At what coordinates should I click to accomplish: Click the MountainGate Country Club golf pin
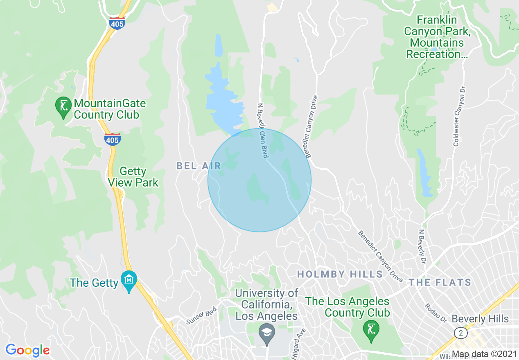pos(63,107)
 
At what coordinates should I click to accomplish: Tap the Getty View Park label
pos(133,177)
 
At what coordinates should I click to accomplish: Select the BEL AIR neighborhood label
pos(199,166)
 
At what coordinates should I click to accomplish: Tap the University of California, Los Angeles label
pos(266,305)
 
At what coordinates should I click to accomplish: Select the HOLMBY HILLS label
pos(340,274)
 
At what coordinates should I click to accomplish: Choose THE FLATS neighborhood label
pos(440,283)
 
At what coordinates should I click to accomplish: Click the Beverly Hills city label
pos(480,319)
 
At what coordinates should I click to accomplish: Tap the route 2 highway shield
pos(461,333)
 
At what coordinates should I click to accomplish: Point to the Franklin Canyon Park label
pos(437,37)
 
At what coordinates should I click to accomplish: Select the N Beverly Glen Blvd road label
pos(262,130)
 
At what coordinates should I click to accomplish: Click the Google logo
pos(27,350)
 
